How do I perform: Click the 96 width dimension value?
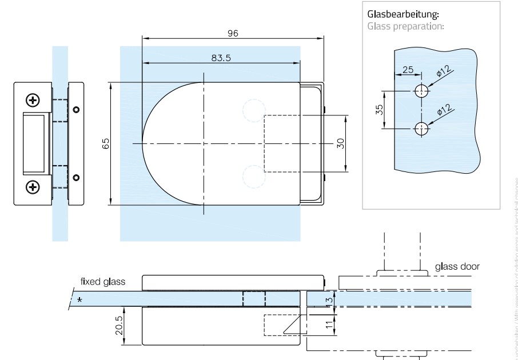(x=233, y=33)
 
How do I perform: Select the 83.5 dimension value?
(x=220, y=58)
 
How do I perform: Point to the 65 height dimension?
(x=106, y=143)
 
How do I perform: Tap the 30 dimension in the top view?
(x=341, y=143)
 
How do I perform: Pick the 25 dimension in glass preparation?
(x=408, y=70)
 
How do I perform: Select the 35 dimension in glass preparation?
(x=379, y=110)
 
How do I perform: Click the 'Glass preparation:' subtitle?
(x=405, y=26)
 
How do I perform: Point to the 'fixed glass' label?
(x=103, y=281)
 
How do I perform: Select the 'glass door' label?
(x=457, y=266)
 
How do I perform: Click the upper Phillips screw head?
(x=34, y=101)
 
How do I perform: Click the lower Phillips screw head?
(x=34, y=186)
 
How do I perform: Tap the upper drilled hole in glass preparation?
(x=421, y=91)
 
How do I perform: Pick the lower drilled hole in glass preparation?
(x=421, y=129)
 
